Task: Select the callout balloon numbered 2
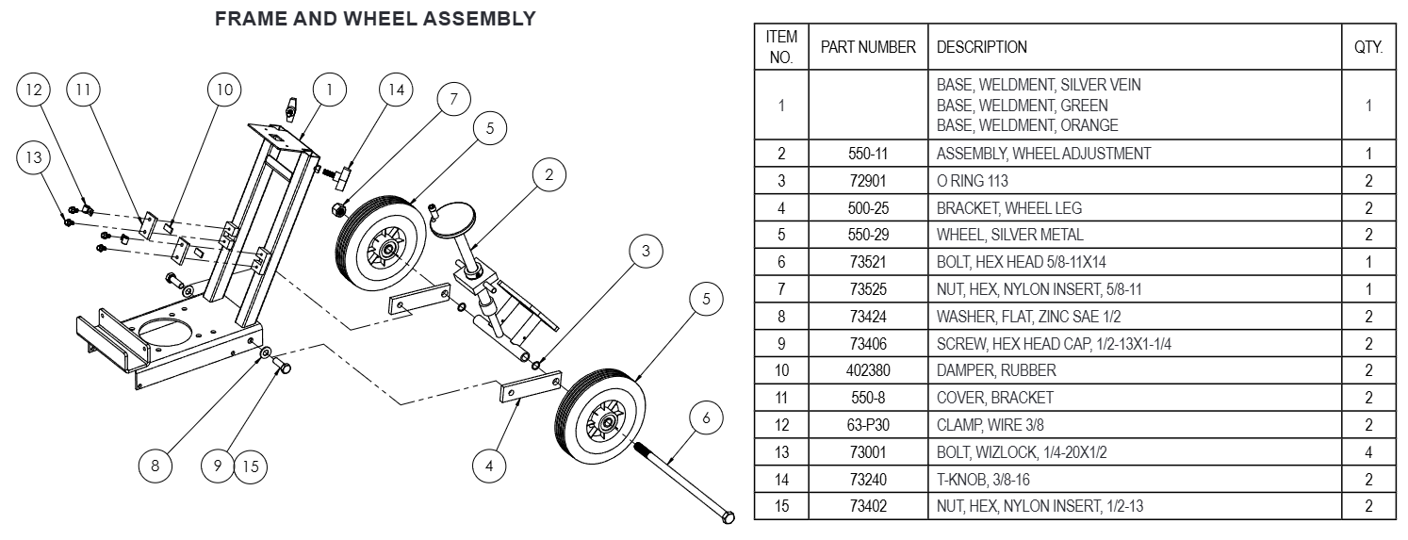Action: click(549, 174)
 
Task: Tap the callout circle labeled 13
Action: click(35, 158)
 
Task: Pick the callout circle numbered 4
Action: click(488, 465)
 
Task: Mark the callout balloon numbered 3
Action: click(646, 251)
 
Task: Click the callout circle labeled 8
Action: click(156, 465)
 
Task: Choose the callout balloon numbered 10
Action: click(224, 90)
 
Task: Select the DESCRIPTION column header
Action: click(981, 46)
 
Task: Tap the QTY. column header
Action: click(1367, 46)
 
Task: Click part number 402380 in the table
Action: click(867, 370)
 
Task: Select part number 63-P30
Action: click(867, 425)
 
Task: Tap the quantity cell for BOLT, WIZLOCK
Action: click(1367, 452)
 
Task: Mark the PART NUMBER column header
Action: click(867, 46)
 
